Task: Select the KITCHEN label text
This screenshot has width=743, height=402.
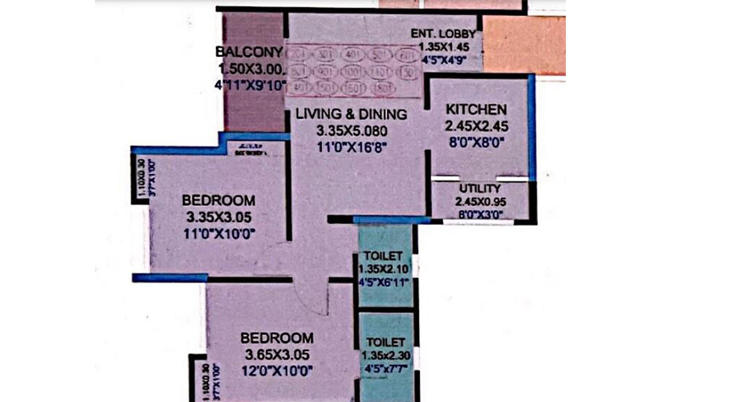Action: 476,109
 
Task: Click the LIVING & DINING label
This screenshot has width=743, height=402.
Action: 351,114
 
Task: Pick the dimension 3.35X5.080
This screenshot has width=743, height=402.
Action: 352,131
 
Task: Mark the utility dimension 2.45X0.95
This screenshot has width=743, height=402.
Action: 480,202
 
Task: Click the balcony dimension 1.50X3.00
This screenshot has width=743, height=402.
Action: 249,69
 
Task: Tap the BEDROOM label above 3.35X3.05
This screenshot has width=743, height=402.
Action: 219,200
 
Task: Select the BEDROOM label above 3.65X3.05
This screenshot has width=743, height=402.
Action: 276,338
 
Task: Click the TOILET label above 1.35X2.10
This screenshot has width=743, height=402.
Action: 383,255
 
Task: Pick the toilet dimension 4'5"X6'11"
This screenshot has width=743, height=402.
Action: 384,282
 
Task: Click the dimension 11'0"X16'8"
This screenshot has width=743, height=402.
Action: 352,147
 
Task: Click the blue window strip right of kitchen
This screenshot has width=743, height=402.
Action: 531,127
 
